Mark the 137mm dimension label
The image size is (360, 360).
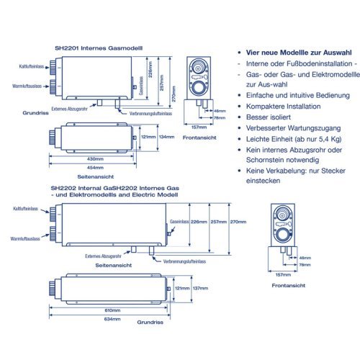click(x=201, y=288)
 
